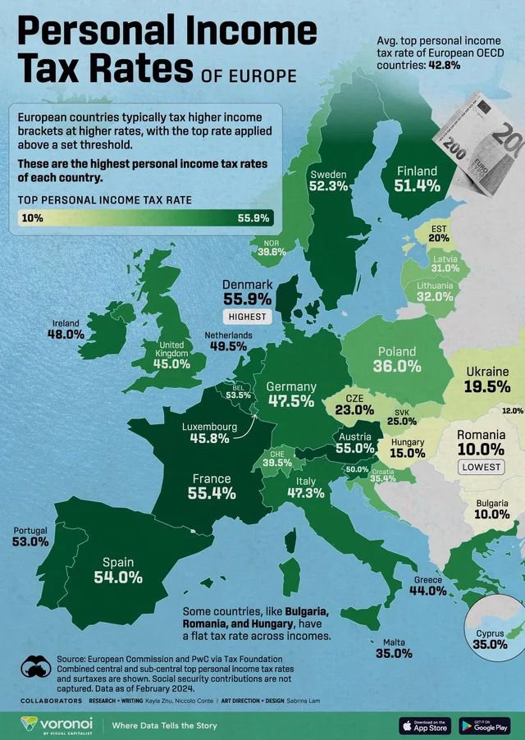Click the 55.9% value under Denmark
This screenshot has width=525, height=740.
click(247, 299)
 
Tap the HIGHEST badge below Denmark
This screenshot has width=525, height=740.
click(247, 316)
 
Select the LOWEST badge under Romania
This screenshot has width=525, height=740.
click(481, 467)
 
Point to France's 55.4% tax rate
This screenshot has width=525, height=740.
click(212, 493)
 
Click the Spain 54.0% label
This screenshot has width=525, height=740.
click(118, 577)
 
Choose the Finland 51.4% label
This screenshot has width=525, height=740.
click(418, 186)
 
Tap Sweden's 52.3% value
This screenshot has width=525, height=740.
click(328, 187)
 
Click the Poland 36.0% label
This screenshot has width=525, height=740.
click(397, 366)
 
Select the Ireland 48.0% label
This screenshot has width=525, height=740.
click(66, 335)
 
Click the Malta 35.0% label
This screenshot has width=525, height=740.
click(394, 654)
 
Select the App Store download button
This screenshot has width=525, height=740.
click(424, 725)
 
